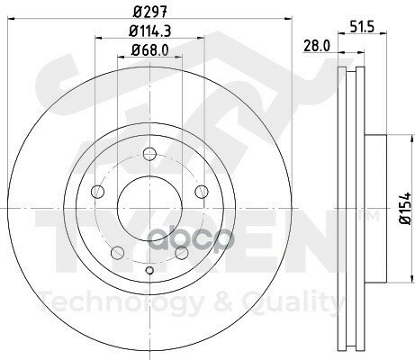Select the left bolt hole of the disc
point(98,191)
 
